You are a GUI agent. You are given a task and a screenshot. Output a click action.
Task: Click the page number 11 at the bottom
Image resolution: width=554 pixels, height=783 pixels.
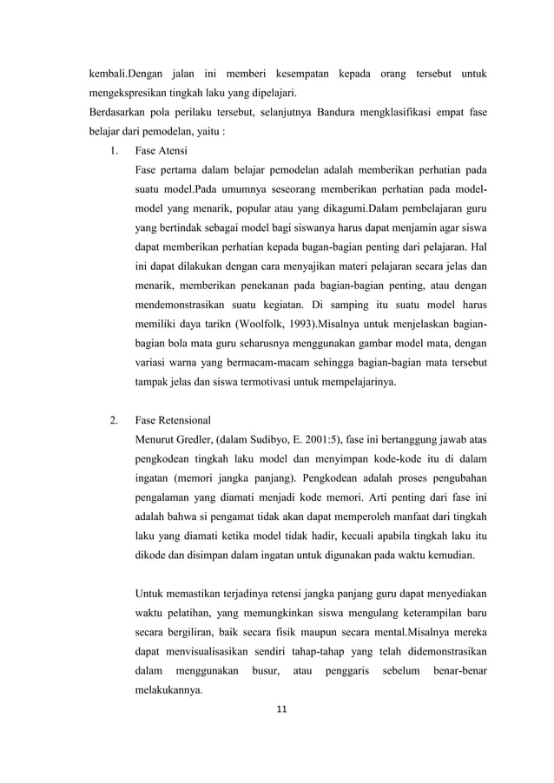pos(277,709)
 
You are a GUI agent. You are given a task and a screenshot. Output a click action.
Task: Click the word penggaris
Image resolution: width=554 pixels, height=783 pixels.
pos(344,669)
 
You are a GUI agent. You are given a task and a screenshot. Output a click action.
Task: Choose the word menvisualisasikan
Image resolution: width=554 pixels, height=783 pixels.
pos(228,648)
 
